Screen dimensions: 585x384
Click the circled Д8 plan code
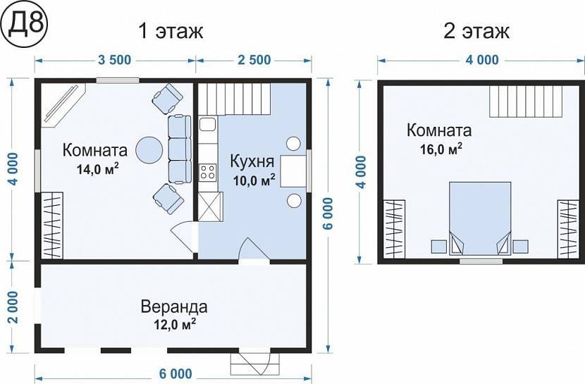point(24,24)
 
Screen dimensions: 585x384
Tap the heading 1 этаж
point(171,31)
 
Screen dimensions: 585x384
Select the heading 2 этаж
point(476,31)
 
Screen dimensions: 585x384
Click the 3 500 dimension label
point(115,60)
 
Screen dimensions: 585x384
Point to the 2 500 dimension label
point(254,60)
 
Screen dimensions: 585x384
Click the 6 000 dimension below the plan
point(175,373)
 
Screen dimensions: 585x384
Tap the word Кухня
point(252,161)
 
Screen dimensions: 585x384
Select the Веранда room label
point(174,307)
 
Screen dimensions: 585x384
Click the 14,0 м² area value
point(98,169)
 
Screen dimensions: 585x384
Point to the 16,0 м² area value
point(441,149)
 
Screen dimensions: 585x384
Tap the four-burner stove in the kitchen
point(207,172)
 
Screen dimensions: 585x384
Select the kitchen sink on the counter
point(208,124)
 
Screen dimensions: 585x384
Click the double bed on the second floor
point(480,218)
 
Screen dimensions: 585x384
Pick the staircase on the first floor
point(234,99)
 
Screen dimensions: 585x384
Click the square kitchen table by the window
point(293,171)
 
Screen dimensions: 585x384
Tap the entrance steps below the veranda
point(255,364)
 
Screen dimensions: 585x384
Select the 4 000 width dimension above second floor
point(482,60)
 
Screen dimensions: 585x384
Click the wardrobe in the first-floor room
point(52,225)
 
